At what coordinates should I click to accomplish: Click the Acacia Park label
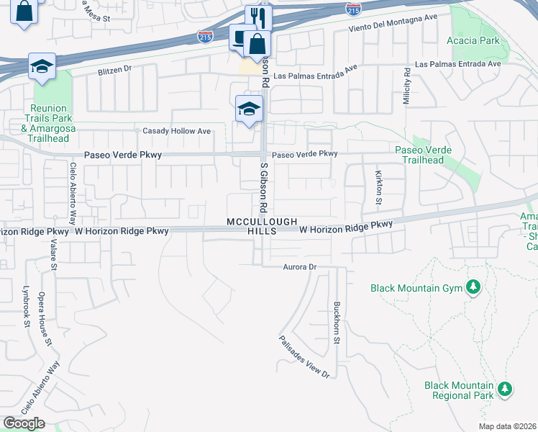pyautogui.click(x=475, y=40)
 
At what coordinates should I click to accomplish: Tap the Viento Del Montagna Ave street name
pyautogui.click(x=392, y=27)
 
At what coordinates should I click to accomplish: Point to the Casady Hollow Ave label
pyautogui.click(x=176, y=131)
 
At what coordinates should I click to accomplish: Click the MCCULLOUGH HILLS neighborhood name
pyautogui.click(x=262, y=226)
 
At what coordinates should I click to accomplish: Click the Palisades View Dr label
pyautogui.click(x=304, y=356)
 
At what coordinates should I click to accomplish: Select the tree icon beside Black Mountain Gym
pyautogui.click(x=473, y=288)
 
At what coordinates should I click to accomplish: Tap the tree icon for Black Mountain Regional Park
pyautogui.click(x=505, y=390)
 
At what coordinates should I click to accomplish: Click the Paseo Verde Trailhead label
pyautogui.click(x=424, y=155)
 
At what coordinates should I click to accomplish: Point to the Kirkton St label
pyautogui.click(x=378, y=186)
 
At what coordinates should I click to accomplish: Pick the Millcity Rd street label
pyautogui.click(x=407, y=88)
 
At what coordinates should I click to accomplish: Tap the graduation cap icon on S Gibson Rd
pyautogui.click(x=249, y=109)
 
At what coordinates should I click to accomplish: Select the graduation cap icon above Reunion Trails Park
pyautogui.click(x=42, y=66)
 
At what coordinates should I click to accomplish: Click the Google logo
pyautogui.click(x=24, y=423)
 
